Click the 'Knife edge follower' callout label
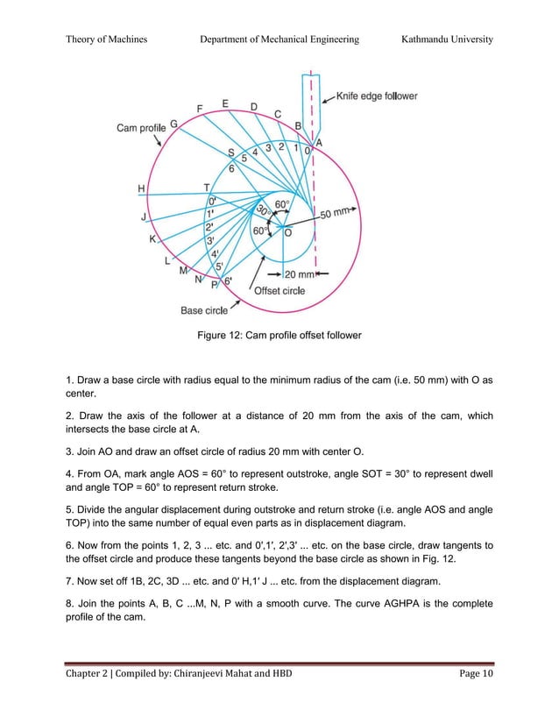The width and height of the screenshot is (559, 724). (x=378, y=96)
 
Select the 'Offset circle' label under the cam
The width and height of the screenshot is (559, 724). (x=279, y=290)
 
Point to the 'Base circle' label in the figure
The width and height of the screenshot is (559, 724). (x=204, y=309)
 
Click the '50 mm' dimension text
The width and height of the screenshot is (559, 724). (x=338, y=213)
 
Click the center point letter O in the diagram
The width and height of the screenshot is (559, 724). (x=287, y=232)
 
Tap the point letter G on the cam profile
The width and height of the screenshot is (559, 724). (x=173, y=124)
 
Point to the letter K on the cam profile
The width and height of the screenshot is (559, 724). (x=152, y=238)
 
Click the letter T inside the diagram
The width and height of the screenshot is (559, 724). (x=207, y=188)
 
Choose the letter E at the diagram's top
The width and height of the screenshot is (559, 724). (x=226, y=103)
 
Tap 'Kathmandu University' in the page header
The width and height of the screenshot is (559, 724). (x=447, y=39)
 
